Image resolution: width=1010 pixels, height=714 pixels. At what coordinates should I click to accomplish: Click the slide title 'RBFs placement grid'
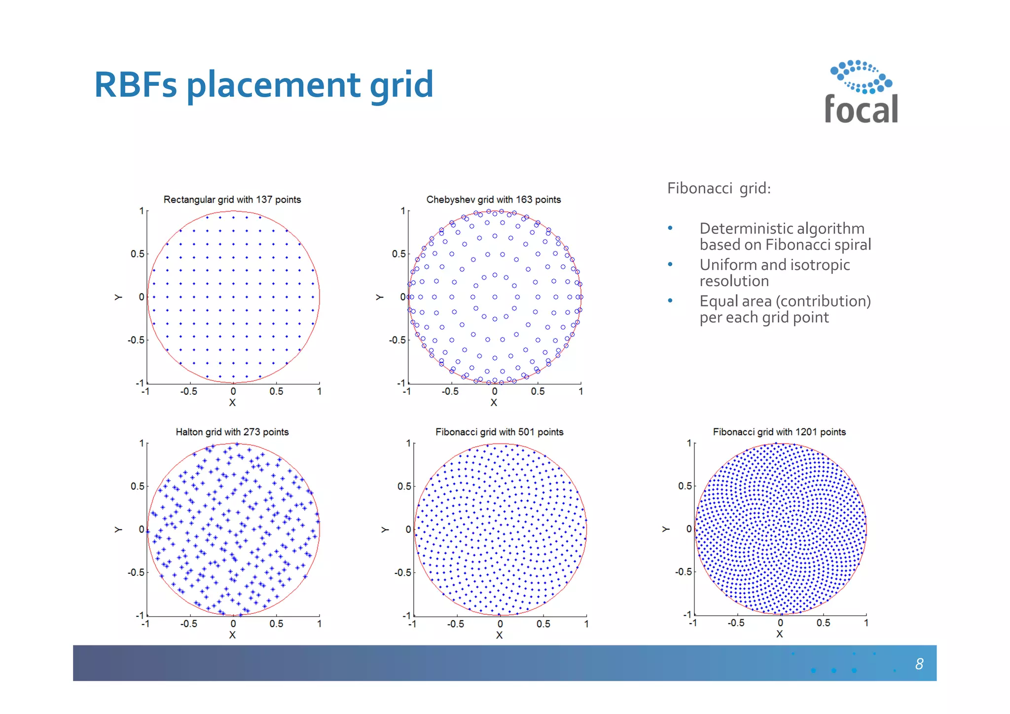pos(263,85)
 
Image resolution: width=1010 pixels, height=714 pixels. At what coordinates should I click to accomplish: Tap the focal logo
pos(861,92)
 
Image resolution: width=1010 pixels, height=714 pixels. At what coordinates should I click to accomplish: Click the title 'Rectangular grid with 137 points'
pos(232,200)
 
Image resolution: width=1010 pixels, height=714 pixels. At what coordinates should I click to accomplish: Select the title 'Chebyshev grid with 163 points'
pos(493,200)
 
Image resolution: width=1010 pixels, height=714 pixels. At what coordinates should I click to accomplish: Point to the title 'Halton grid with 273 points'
pos(232,432)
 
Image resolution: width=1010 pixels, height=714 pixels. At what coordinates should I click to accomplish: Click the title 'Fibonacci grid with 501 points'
pos(499,432)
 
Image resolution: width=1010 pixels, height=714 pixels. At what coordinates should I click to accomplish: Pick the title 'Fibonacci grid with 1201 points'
pos(779,432)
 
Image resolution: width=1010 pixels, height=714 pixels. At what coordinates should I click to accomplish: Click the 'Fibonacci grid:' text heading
pos(719,188)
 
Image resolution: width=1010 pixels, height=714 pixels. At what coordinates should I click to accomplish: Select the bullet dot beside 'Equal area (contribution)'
pos(670,301)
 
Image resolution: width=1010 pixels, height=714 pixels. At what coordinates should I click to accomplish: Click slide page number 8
pos(919,664)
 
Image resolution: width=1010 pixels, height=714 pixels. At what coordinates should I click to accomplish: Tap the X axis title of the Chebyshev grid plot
pos(494,403)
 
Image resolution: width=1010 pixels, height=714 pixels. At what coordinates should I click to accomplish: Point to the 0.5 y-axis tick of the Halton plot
pos(138,487)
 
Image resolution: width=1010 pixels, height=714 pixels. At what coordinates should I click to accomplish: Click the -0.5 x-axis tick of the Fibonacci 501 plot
pos(455,624)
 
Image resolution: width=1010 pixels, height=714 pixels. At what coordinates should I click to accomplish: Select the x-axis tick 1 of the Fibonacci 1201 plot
pos(866,623)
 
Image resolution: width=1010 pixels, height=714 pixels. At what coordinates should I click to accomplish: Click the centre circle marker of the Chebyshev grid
pos(495,297)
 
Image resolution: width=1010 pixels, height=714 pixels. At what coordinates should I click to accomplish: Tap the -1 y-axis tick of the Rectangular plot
pos(140,383)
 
